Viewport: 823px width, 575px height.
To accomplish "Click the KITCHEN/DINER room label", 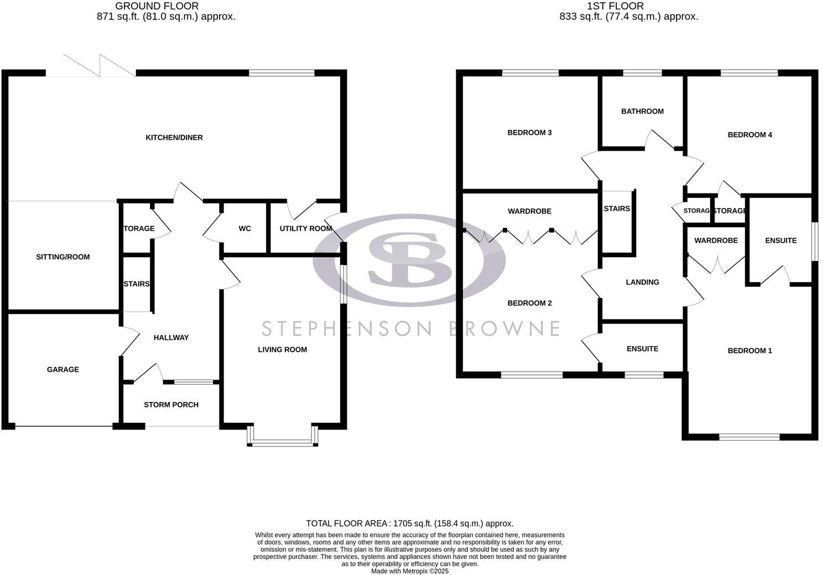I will click(174, 137).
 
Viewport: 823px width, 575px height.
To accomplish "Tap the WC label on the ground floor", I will click(244, 228).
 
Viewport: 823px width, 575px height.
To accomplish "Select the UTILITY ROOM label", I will click(305, 228).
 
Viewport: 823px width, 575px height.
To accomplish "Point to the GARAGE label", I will click(62, 369).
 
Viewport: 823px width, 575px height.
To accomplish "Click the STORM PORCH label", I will click(171, 405).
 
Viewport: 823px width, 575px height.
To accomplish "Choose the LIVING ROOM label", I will click(282, 349).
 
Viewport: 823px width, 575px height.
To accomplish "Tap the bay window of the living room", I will click(283, 442).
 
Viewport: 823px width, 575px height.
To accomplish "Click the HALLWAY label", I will click(171, 337).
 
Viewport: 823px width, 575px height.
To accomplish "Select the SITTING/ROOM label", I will click(62, 257).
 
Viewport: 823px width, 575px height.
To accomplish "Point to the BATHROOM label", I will click(642, 111).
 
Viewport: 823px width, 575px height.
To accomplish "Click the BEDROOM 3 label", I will click(529, 133).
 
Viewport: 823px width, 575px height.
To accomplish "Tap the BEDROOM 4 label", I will click(749, 135).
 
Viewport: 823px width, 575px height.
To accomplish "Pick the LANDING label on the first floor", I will click(642, 282).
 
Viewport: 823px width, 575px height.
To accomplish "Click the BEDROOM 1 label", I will click(749, 351).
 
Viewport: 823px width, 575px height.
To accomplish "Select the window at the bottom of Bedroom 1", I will click(749, 437).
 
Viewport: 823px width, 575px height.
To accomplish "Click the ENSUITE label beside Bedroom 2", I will click(642, 349).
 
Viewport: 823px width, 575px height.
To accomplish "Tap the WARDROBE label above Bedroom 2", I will click(529, 211).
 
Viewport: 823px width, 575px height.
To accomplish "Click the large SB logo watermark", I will click(409, 260).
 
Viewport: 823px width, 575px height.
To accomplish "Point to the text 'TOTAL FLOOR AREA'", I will click(347, 523).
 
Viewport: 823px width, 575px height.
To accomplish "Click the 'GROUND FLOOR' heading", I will click(157, 6).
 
